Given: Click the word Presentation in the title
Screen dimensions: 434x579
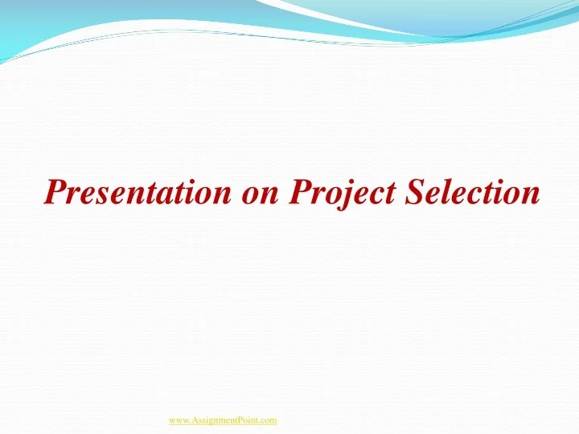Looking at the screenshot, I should point(137,192).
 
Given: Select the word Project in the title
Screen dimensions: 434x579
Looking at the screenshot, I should point(344,193).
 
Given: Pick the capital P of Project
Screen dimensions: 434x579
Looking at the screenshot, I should point(300,191).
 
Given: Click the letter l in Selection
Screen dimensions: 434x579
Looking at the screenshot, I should point(450,191).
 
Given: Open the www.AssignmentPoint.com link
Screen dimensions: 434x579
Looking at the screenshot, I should point(223,420).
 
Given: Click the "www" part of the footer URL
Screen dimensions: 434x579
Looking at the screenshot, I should point(179,420).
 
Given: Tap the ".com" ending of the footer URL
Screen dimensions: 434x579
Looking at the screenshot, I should point(267,420).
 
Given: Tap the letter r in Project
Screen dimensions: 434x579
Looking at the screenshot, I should point(318,194).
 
